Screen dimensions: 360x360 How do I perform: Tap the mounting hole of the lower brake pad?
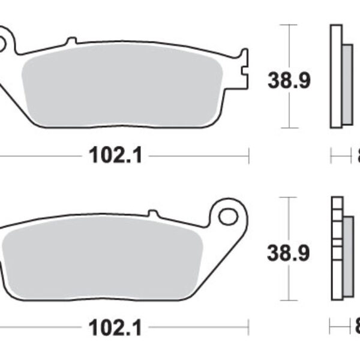point(228,215)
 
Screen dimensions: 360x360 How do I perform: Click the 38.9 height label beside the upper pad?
point(290,80)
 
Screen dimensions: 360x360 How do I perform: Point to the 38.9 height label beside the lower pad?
point(290,253)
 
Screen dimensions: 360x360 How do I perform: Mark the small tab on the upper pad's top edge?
point(71,41)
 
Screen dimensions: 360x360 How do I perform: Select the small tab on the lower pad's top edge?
point(153,212)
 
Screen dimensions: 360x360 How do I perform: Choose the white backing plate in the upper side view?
point(335,75)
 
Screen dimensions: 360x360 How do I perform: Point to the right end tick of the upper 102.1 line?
point(248,156)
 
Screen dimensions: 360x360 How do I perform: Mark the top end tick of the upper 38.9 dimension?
point(290,25)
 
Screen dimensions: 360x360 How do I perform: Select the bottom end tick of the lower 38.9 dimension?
point(290,299)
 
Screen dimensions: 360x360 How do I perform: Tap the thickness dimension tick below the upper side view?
point(331,156)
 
